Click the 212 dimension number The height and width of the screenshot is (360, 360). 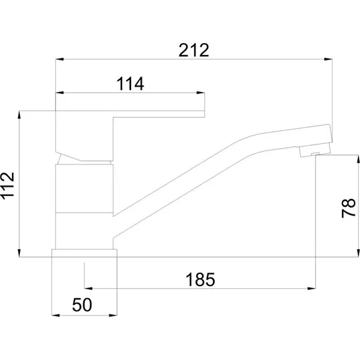click(x=194, y=50)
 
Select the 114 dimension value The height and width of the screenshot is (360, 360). click(x=130, y=83)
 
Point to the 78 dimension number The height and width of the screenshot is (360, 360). click(x=349, y=208)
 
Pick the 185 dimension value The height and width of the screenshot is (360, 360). click(x=200, y=279)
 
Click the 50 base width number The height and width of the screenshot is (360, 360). click(x=82, y=305)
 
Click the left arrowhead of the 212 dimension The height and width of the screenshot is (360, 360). click(x=60, y=59)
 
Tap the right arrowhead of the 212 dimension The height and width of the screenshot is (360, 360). click(x=328, y=59)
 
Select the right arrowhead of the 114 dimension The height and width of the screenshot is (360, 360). click(x=200, y=93)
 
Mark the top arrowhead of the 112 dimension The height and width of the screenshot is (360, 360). click(x=19, y=115)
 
